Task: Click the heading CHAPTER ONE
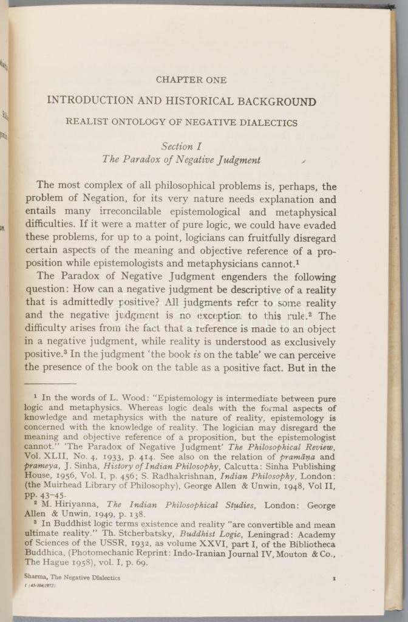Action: [191, 80]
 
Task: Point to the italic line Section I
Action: [181, 146]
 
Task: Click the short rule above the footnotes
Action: [51, 383]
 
